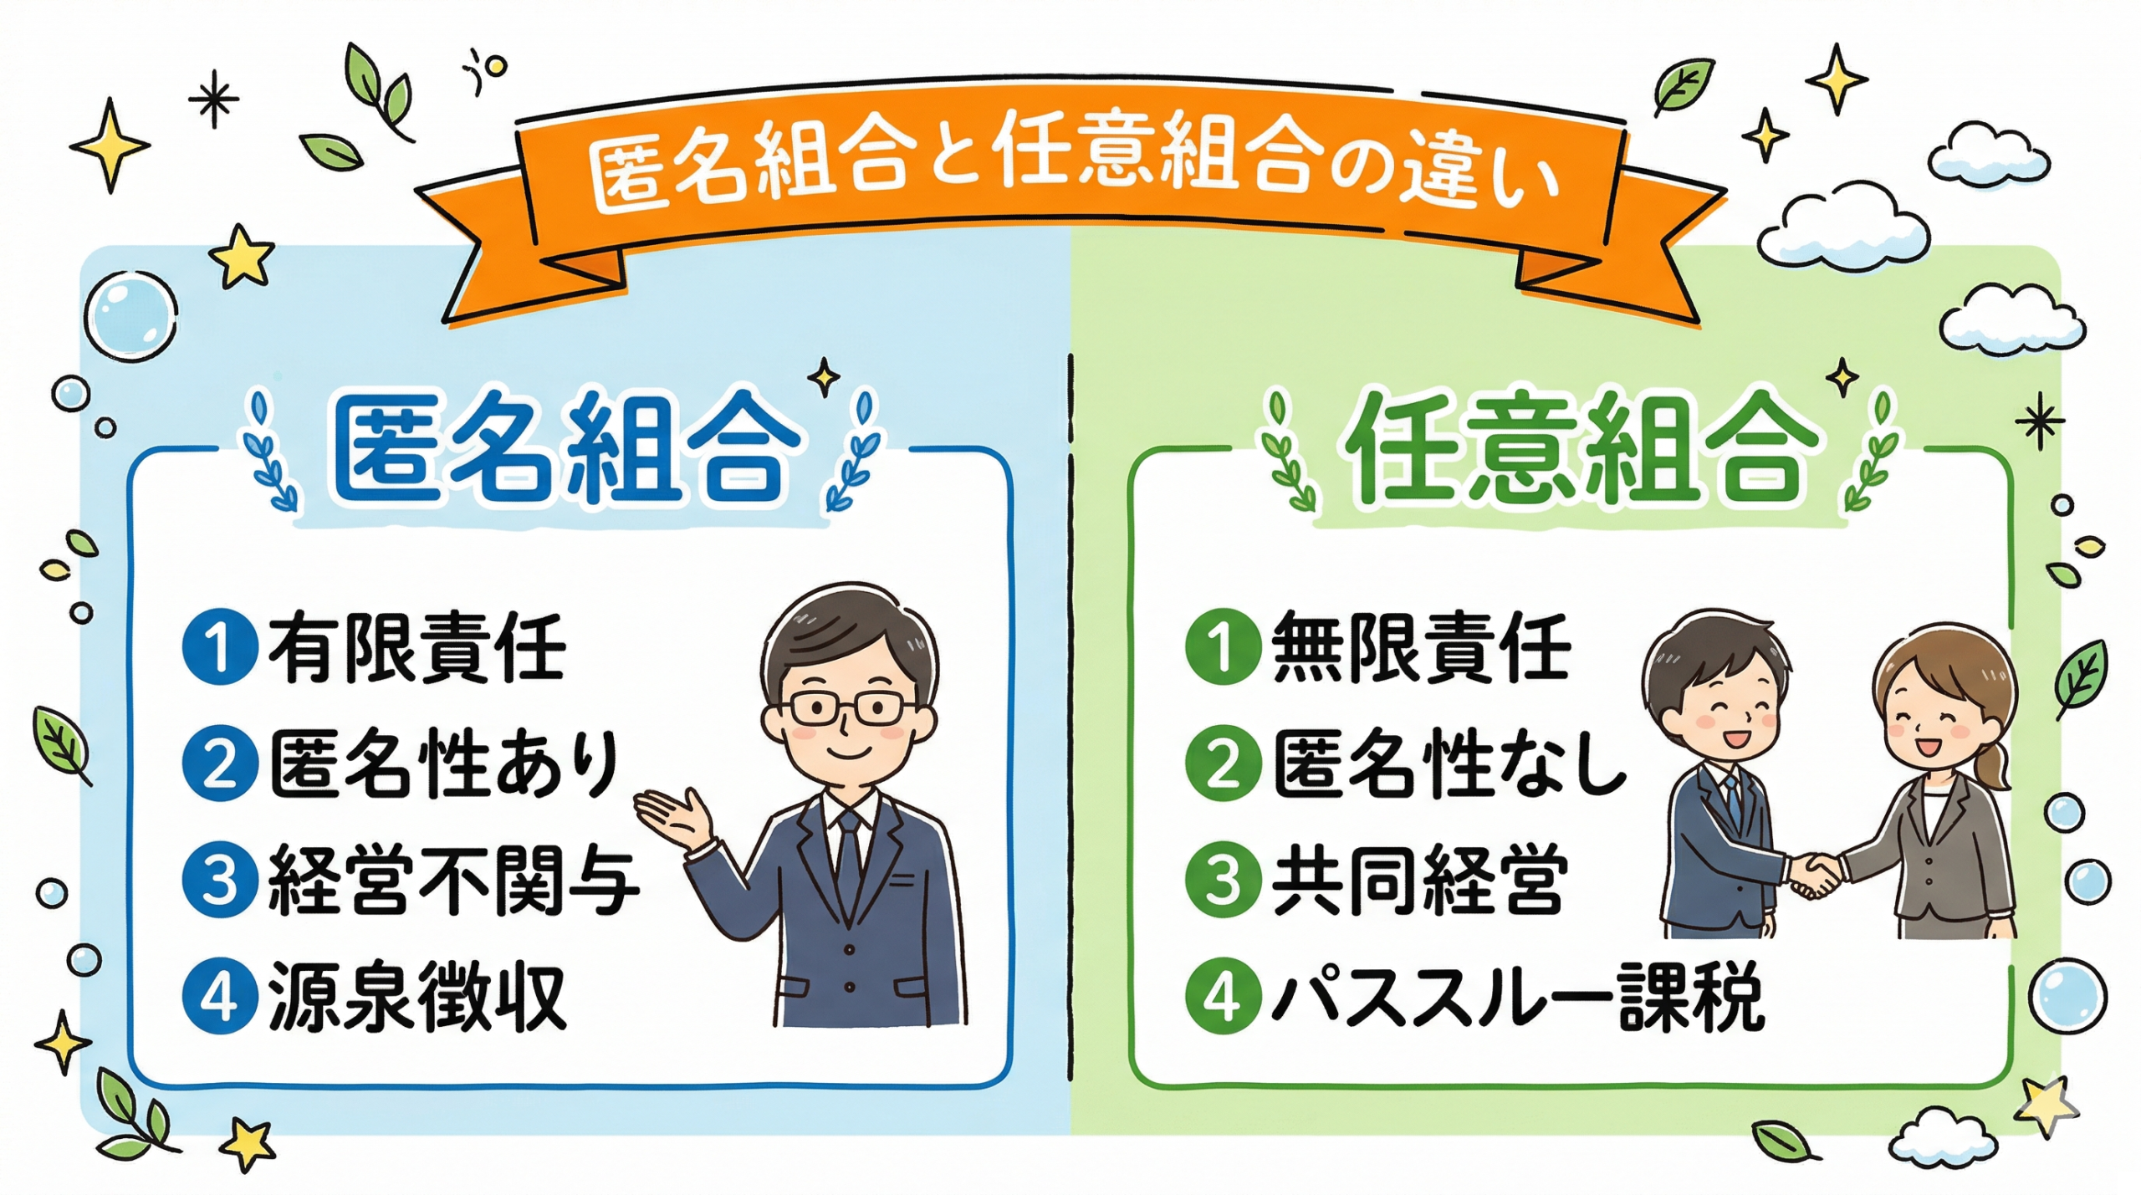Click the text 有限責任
(x=416, y=648)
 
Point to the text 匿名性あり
(x=443, y=765)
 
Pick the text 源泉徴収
(x=416, y=997)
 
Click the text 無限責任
(x=1420, y=648)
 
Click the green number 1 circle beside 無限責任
(x=1223, y=648)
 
